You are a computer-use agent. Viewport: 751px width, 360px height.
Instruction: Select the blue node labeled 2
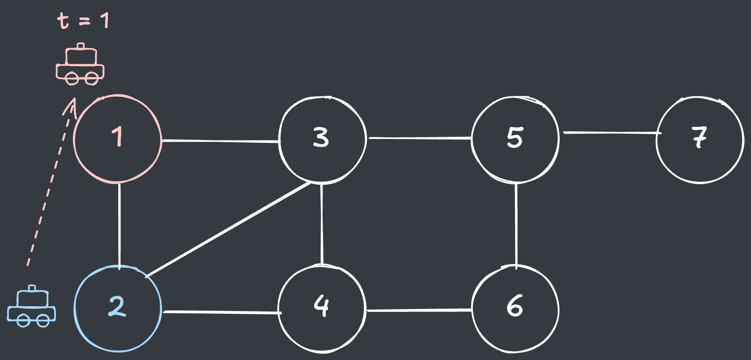click(x=118, y=309)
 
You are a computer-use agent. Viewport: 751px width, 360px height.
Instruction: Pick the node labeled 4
click(x=322, y=308)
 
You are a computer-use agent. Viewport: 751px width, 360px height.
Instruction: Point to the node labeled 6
click(x=515, y=309)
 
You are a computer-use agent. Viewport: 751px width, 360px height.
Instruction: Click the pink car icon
click(x=80, y=64)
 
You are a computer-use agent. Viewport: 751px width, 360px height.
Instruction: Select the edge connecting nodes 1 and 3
click(x=221, y=141)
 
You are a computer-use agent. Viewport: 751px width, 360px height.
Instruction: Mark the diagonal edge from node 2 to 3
click(x=229, y=229)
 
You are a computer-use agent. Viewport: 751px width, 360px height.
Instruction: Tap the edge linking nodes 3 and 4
click(x=322, y=224)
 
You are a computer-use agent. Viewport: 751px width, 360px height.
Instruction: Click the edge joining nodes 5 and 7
click(x=612, y=132)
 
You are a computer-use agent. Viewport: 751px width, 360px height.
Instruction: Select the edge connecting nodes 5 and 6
click(x=516, y=225)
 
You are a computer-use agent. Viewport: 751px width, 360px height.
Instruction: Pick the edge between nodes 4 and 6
click(x=420, y=310)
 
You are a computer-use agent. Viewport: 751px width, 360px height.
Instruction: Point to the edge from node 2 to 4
click(x=222, y=312)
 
